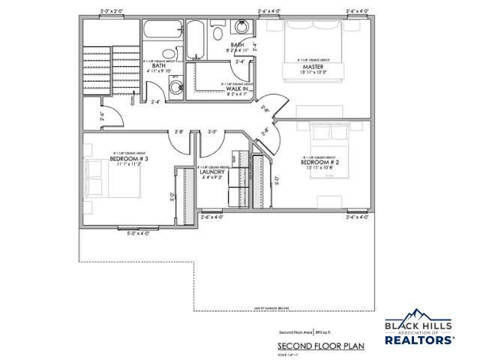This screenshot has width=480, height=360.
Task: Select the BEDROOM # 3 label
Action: (130, 159)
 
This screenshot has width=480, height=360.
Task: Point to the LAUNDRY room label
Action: (213, 172)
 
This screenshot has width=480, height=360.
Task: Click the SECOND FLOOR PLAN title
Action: (310, 346)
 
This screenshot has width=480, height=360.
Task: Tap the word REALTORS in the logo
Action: (419, 340)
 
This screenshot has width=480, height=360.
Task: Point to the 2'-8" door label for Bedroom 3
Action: (179, 132)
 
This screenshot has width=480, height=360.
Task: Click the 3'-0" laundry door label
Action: (212, 132)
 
